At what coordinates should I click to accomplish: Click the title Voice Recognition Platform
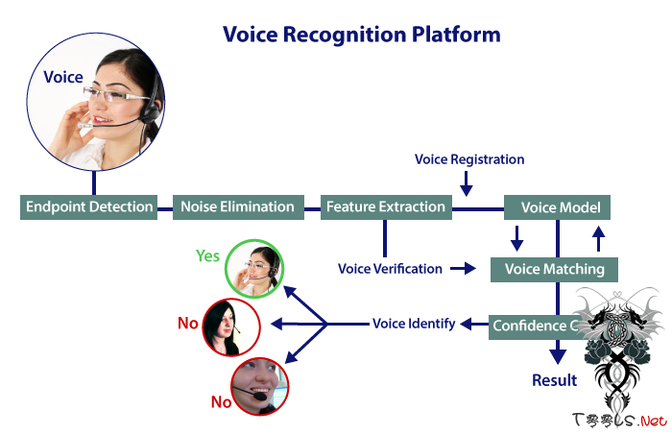[x=361, y=35]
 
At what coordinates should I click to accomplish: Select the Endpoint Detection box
[x=89, y=206]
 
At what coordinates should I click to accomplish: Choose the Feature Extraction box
[x=385, y=206]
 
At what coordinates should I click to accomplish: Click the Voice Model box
[x=558, y=207]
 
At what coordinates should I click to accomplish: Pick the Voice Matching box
[x=554, y=269]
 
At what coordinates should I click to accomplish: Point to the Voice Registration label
[x=469, y=158]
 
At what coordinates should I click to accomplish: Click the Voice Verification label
[x=390, y=269]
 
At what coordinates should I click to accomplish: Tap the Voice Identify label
[x=414, y=324]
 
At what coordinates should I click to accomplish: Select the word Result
[x=555, y=380]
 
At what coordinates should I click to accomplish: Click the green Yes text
[x=208, y=256]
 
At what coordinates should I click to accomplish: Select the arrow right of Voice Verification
[x=463, y=269]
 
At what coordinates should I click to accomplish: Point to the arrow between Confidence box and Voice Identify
[x=474, y=325]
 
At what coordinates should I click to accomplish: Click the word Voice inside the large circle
[x=63, y=77]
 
